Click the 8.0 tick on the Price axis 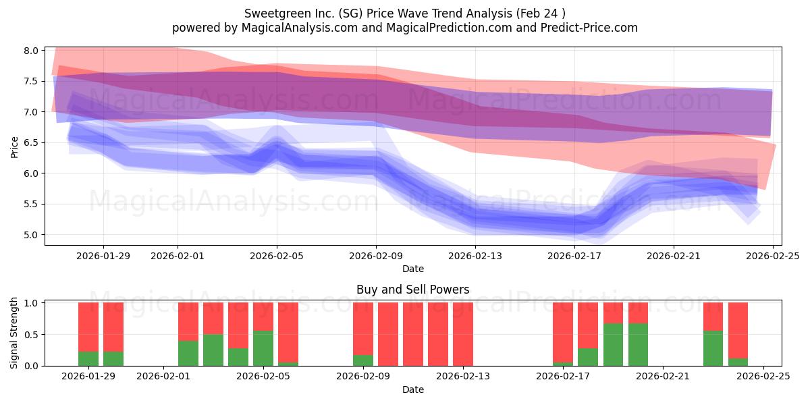coord(30,51)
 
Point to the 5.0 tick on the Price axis coord(30,235)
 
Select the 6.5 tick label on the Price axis coord(30,142)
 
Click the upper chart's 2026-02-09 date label coord(376,256)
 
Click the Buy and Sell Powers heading coord(412,290)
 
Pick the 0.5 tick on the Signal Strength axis coord(30,335)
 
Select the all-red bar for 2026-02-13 coord(463,334)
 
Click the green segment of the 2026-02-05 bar coord(263,348)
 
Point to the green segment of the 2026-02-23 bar coord(713,348)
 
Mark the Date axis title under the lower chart coord(412,389)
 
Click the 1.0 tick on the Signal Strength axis coord(30,303)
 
